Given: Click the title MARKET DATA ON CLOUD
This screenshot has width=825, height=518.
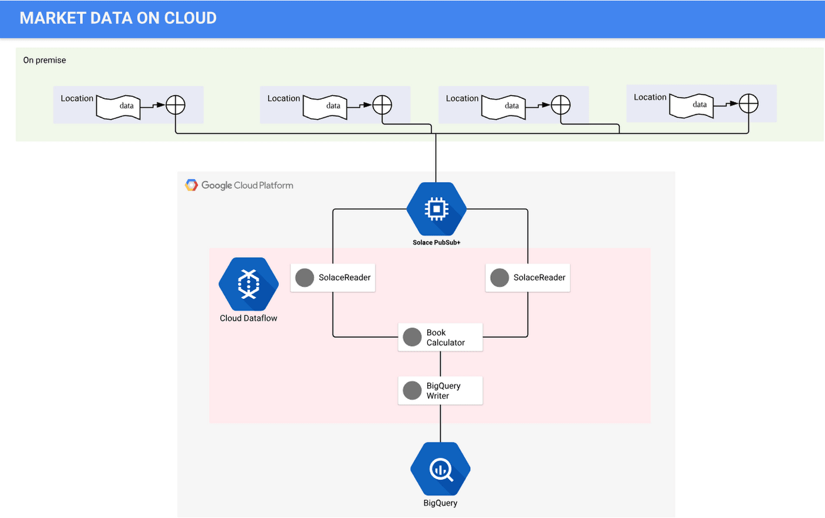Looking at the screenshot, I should (x=118, y=18).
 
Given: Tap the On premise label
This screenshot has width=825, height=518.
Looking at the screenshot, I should (x=44, y=60).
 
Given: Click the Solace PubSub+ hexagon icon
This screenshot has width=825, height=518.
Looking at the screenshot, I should (x=436, y=209).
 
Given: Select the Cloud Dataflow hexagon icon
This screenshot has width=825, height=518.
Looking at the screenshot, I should (x=248, y=284).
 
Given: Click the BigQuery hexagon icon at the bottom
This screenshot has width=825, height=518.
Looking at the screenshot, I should (x=440, y=469).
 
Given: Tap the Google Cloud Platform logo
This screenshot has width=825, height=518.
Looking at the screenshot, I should (x=239, y=185).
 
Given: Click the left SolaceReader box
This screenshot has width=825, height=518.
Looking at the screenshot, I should (x=333, y=278).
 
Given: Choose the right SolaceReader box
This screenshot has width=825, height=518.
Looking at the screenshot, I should (x=527, y=278).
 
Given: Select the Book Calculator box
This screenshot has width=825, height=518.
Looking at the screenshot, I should (x=440, y=337).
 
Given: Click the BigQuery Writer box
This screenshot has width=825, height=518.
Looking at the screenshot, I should (x=440, y=391).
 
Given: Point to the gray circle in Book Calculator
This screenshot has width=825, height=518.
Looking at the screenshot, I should (x=412, y=337).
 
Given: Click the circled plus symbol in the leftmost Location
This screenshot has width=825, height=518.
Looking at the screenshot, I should (x=176, y=105).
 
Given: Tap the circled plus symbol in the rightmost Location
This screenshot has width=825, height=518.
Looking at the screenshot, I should (x=748, y=104).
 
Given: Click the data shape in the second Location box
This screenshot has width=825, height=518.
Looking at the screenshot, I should (x=325, y=107).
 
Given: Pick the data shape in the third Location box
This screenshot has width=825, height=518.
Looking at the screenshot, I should (x=504, y=107).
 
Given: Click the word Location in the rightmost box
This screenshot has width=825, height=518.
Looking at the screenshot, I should (x=650, y=97).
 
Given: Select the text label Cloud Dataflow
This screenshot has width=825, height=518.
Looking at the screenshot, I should (x=248, y=318).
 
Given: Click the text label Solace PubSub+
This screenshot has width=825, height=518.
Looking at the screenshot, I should (x=436, y=243).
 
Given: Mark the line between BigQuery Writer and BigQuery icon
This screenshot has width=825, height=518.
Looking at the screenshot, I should (x=440, y=423).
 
